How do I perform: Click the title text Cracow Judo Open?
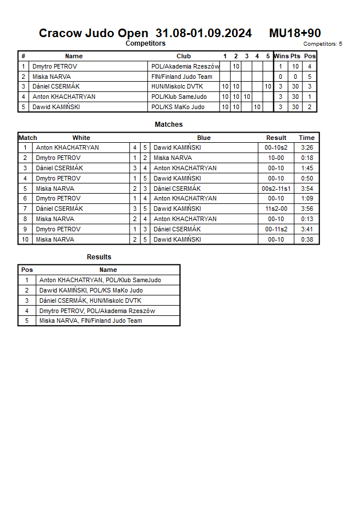tap(93, 33)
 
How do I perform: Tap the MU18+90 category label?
tap(295, 33)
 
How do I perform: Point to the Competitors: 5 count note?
tap(322, 44)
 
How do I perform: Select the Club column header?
tap(183, 56)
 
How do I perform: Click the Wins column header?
tap(281, 56)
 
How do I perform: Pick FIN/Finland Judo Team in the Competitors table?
tap(182, 77)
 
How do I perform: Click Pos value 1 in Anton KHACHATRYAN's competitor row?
tap(310, 97)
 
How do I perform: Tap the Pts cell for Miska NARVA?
tap(295, 77)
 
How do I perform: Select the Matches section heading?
tap(169, 125)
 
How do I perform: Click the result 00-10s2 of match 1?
tap(276, 147)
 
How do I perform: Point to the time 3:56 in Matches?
tap(307, 209)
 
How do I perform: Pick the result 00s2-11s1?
tap(276, 189)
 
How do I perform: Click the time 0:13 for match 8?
tap(307, 219)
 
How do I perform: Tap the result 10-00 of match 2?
tap(276, 158)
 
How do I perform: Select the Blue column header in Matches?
tap(203, 138)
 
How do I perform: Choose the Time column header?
tap(306, 138)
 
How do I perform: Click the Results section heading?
tap(99, 257)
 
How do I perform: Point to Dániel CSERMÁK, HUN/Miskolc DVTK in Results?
tap(90, 300)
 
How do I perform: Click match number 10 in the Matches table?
tap(25, 240)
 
